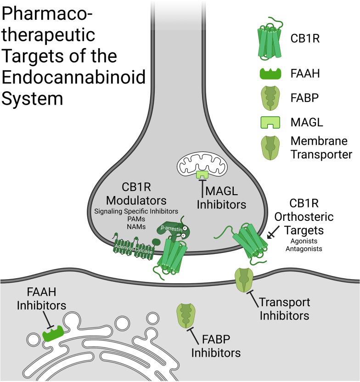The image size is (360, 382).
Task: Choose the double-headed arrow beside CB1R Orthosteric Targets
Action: (272, 233)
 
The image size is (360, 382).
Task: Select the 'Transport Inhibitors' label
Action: (284, 309)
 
